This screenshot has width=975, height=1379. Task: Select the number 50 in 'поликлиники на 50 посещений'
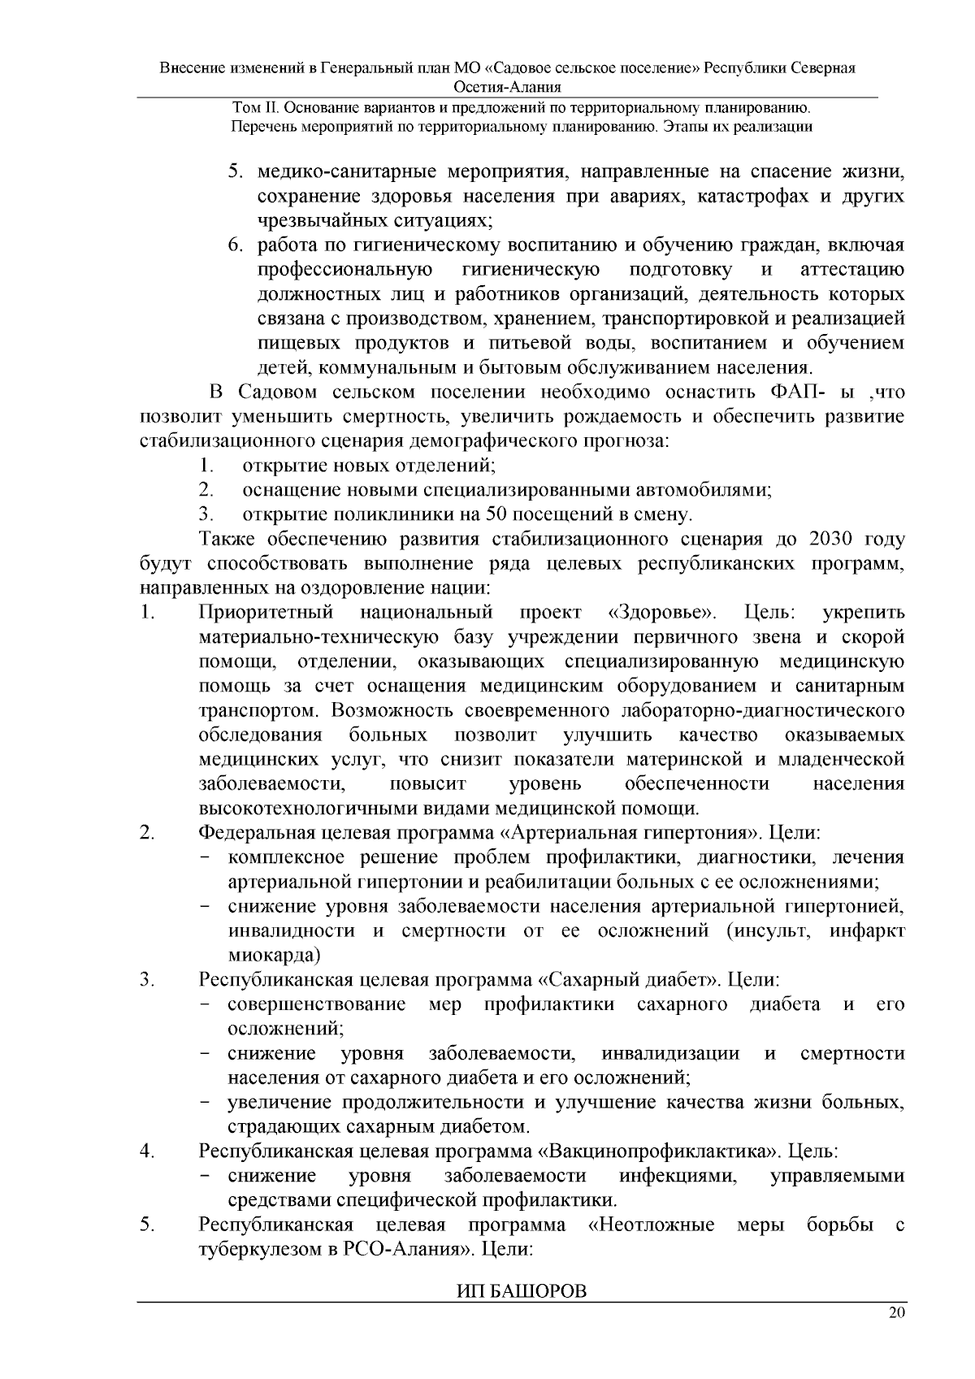(496, 515)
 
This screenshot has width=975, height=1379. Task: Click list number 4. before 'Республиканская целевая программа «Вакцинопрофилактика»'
(147, 1151)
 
